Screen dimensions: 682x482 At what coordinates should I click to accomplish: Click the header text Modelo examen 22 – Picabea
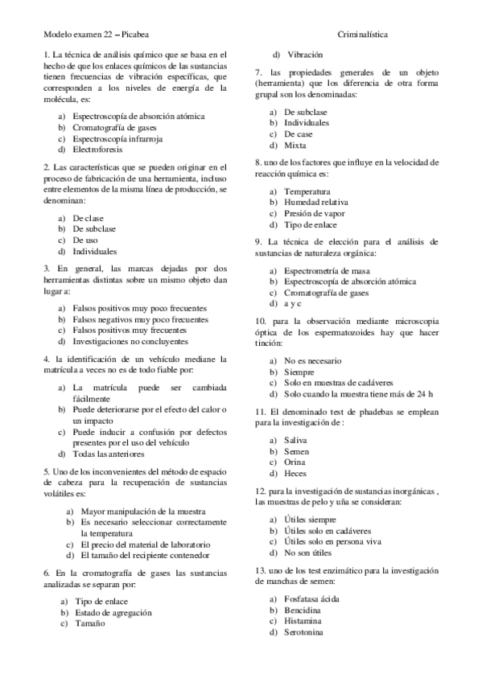click(x=94, y=35)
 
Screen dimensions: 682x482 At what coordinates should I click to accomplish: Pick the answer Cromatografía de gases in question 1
click(x=114, y=127)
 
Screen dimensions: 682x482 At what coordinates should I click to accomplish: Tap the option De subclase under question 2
click(x=95, y=228)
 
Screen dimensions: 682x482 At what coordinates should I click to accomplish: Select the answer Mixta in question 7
click(x=295, y=145)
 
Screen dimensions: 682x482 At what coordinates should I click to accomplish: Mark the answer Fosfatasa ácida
click(x=311, y=599)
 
